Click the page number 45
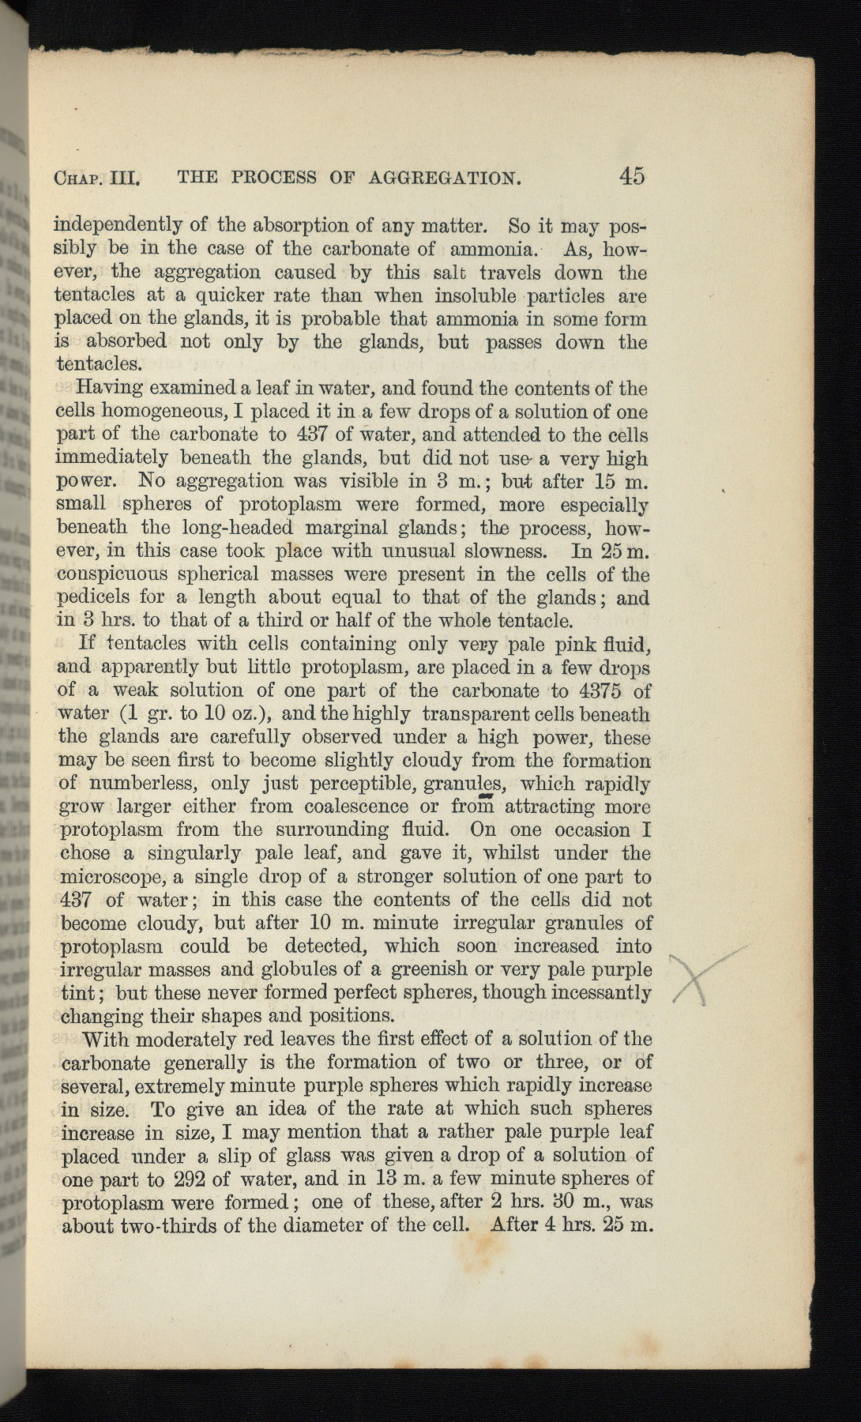click(x=632, y=175)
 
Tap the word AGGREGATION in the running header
click(x=446, y=177)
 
